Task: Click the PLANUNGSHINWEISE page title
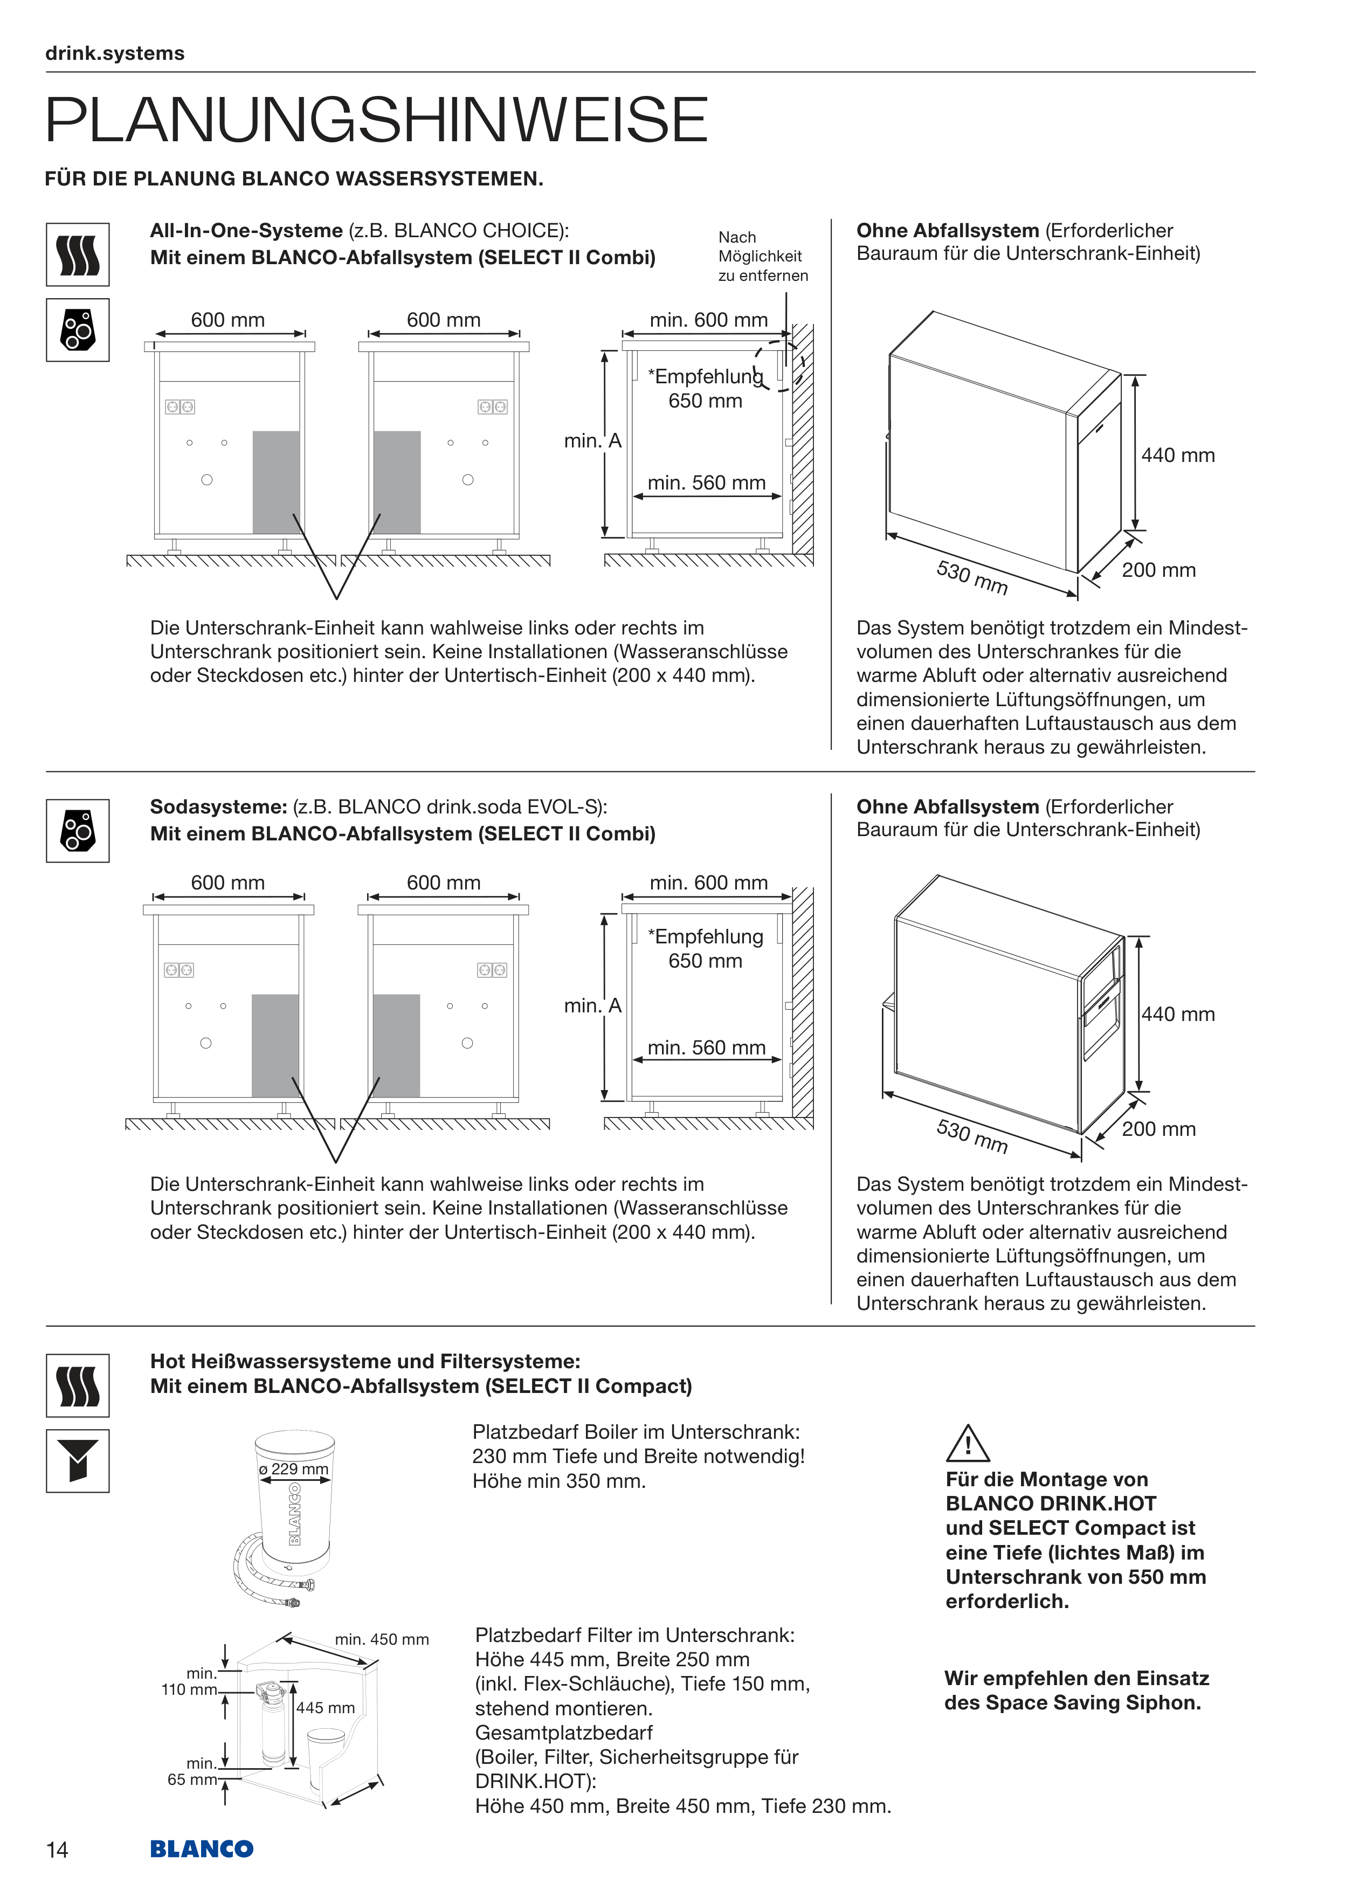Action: (376, 120)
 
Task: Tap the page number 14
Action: (57, 1849)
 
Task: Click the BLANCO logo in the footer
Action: (202, 1848)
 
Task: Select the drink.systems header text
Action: (114, 53)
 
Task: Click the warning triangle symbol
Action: (967, 1444)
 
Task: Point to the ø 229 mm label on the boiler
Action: (294, 1468)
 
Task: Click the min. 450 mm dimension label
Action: (382, 1639)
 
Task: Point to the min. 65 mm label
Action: (193, 1771)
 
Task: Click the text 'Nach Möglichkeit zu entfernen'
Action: (762, 256)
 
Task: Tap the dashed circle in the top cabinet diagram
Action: (779, 365)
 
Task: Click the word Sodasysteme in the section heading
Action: (217, 807)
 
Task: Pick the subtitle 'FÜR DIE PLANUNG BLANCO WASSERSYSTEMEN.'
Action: (294, 178)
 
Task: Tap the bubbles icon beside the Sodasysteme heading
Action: (78, 830)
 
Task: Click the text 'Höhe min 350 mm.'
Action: (559, 1480)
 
